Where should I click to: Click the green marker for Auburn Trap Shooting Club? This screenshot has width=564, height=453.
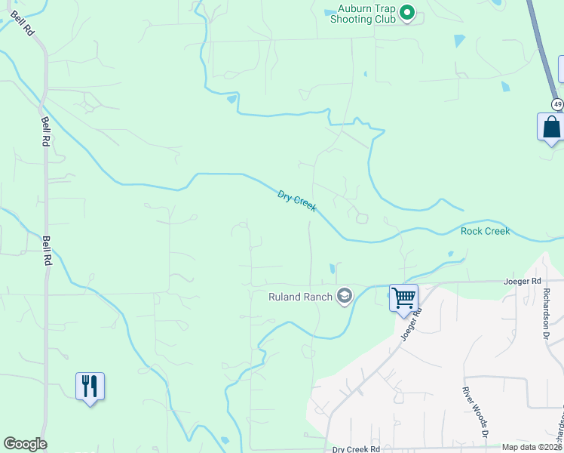click(x=407, y=13)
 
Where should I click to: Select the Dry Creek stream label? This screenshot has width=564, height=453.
click(x=297, y=201)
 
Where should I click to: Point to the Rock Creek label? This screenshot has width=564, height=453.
click(x=485, y=231)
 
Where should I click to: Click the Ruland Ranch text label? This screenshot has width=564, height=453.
click(x=300, y=297)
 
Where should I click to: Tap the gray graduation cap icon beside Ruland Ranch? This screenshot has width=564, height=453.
click(x=345, y=295)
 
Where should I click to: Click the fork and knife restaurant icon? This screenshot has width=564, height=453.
click(x=90, y=386)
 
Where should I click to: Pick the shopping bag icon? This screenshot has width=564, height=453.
click(x=551, y=126)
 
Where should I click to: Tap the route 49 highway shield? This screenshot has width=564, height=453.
click(x=556, y=103)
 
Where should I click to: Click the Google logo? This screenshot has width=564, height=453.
click(x=25, y=444)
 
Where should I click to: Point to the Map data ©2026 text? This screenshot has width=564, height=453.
click(x=532, y=447)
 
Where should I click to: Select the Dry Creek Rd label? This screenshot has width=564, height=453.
click(x=356, y=449)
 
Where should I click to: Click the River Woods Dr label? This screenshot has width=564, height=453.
click(x=476, y=414)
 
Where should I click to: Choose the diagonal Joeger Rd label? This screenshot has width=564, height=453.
click(x=411, y=322)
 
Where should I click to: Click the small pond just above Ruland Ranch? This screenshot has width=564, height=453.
click(x=331, y=268)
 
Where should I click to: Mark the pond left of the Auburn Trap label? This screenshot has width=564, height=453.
click(x=330, y=12)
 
